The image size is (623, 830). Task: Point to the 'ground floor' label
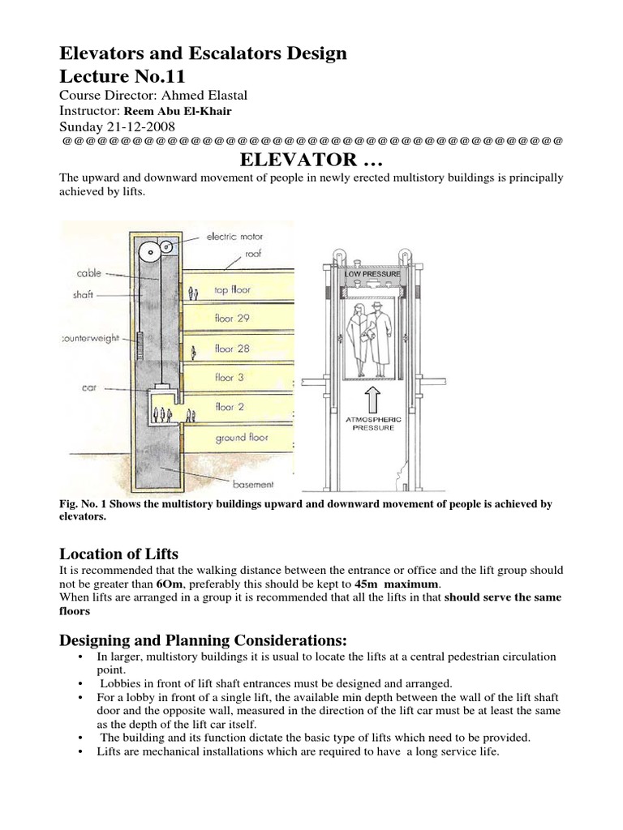coord(242,438)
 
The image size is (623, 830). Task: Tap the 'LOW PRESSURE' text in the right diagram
coord(372,274)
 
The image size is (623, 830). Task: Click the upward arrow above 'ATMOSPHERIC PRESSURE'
coord(372,398)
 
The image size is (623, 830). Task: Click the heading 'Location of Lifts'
coord(118,554)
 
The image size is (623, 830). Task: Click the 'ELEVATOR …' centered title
coord(311,157)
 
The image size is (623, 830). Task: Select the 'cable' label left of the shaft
coord(89,273)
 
